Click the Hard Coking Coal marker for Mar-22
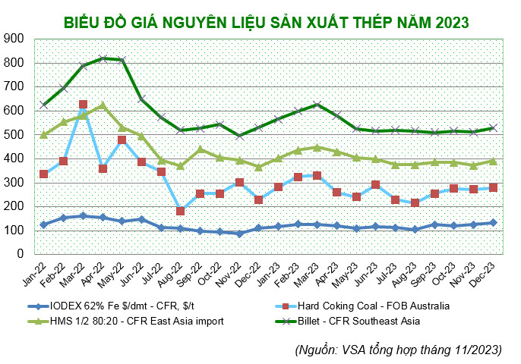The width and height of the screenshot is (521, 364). [x=84, y=105]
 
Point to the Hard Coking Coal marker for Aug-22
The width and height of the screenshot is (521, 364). [x=181, y=211]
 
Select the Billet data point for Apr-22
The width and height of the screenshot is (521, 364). [x=103, y=58]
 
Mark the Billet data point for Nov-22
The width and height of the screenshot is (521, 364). [x=239, y=136]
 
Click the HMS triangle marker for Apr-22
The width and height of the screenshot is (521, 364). [x=103, y=106]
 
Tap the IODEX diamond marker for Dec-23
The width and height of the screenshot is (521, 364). [x=492, y=222]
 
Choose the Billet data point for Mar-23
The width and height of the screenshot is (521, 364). [x=317, y=105]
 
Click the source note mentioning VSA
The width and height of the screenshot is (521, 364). [x=399, y=350]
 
